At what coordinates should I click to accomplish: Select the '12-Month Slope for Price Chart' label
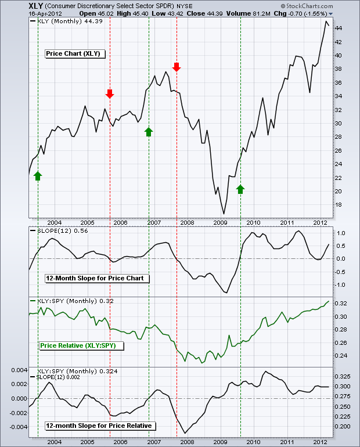click(97, 278)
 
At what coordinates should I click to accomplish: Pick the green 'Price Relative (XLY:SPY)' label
click(78, 345)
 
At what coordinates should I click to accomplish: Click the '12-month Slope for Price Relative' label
click(99, 426)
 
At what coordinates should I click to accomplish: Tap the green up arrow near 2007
click(149, 131)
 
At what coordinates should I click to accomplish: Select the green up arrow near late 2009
click(240, 188)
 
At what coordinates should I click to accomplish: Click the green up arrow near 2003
click(38, 175)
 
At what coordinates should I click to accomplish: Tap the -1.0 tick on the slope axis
click(341, 284)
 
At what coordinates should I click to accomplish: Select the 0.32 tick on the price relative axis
click(342, 304)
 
